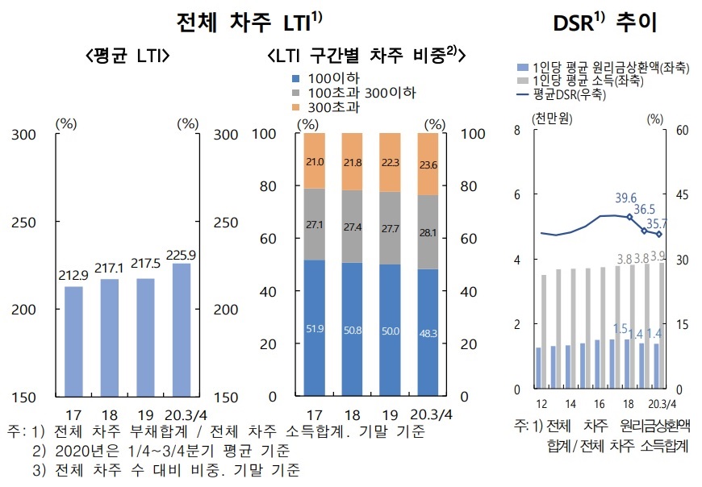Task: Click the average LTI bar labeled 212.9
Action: click(73, 341)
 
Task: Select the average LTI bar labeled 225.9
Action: click(182, 329)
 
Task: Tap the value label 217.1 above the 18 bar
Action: click(110, 265)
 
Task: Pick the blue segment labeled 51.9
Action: click(314, 328)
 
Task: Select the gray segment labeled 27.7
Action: click(390, 228)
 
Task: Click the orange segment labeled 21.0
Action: click(314, 160)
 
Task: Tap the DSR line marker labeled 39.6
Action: click(629, 217)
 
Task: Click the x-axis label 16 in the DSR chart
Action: click(598, 403)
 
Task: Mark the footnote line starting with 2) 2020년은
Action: click(161, 450)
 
